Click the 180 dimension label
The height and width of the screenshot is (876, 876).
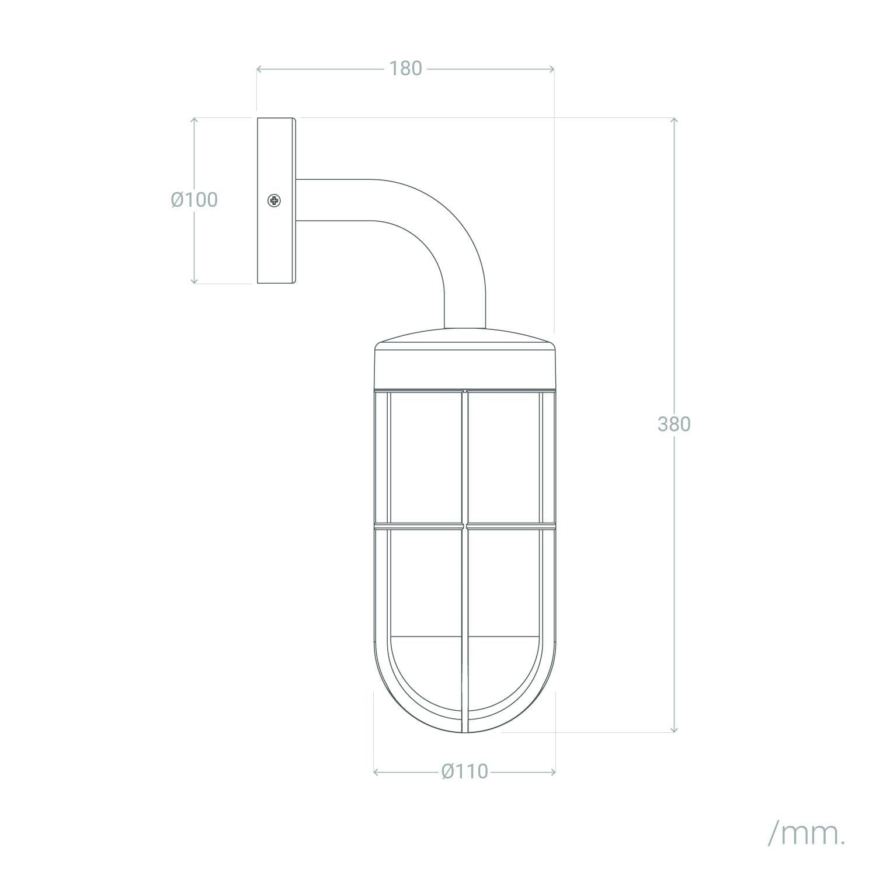click(405, 68)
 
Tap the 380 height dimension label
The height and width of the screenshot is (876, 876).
click(674, 424)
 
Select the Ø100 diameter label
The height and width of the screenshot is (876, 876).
click(194, 200)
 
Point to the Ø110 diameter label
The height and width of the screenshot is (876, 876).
click(465, 771)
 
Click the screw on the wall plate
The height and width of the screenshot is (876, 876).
click(274, 201)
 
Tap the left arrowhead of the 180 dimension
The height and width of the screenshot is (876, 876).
click(260, 69)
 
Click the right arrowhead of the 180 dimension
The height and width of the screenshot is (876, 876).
click(551, 69)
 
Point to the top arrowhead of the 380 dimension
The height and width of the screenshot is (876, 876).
click(675, 121)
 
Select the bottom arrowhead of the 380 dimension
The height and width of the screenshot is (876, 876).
click(675, 728)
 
